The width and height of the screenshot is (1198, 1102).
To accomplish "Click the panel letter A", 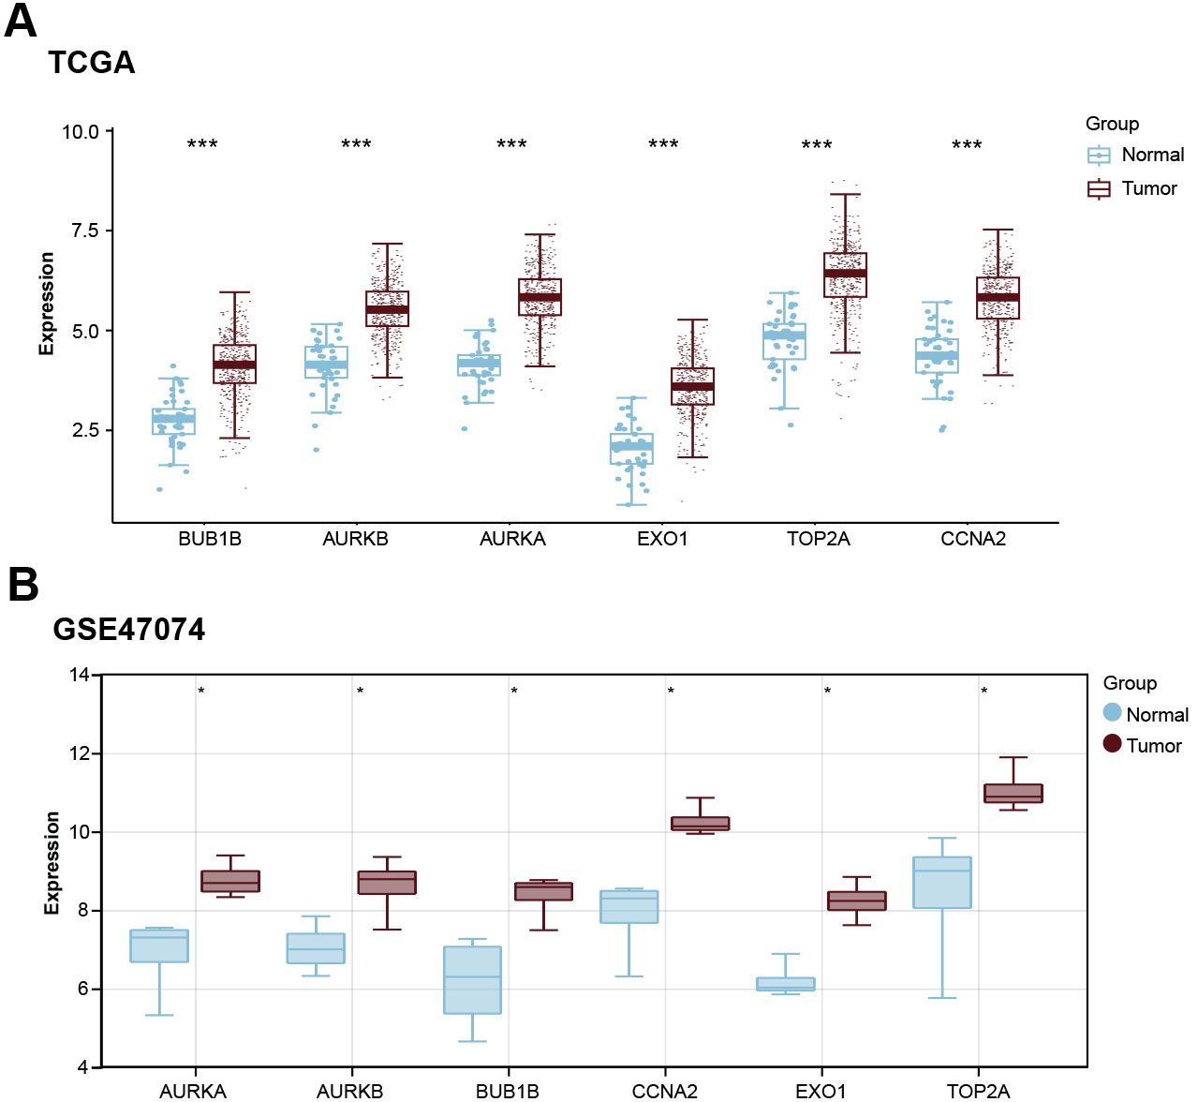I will point(21,21).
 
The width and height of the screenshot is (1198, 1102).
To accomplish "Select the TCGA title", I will point(92,63).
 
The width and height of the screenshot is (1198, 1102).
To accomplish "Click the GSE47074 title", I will point(129,629).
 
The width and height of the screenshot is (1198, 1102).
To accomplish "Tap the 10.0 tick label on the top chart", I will point(80,132).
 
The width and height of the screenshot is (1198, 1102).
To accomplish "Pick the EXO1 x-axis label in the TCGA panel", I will point(662,539).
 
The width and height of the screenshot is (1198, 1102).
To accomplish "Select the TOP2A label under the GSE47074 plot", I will point(978,1091).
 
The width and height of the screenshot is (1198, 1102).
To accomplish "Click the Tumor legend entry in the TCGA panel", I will point(1148,188).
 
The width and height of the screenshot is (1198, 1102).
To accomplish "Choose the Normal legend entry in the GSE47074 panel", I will point(1156,715).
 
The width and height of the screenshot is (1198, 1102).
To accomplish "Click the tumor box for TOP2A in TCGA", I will point(845,275).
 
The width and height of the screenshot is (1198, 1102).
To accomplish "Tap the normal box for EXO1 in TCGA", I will point(632,448).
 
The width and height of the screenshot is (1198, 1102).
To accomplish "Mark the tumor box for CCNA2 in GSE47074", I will point(700,824).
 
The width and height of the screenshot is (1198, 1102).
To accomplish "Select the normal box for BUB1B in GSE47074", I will point(472,979).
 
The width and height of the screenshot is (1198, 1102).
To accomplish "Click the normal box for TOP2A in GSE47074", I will point(942,883).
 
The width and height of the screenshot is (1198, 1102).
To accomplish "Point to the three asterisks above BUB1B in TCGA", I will point(202,144).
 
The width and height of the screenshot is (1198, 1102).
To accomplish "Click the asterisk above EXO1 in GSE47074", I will point(827,692).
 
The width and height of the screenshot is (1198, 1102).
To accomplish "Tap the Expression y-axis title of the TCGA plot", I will point(47,304).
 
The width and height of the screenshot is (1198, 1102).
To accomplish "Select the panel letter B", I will point(23,584).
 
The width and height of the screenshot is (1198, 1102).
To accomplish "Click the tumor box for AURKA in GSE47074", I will point(230,881).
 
